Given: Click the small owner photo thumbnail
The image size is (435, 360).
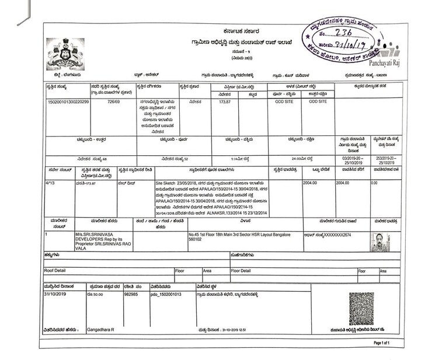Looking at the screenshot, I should tap(381, 242).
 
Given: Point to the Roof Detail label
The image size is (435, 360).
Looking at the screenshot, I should tap(56, 271).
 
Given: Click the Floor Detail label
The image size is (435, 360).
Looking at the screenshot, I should tap(242, 271).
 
